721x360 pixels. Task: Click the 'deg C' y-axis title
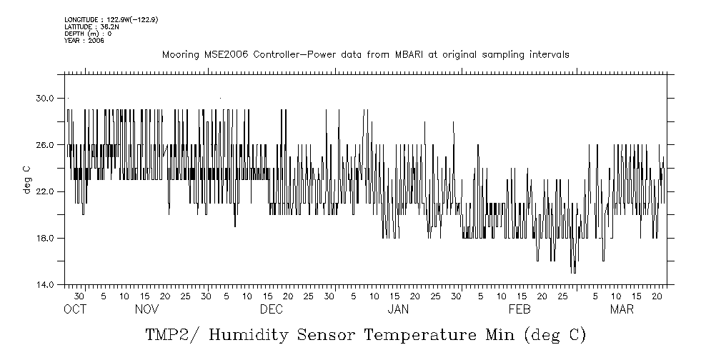click(27, 179)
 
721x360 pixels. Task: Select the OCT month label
click(74, 309)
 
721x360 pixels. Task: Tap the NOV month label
click(146, 309)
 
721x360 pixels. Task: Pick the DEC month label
click(272, 309)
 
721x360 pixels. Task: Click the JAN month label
click(398, 309)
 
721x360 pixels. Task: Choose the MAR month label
click(622, 309)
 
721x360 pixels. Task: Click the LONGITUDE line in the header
click(111, 19)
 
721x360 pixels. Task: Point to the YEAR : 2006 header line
click(84, 41)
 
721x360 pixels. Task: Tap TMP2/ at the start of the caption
click(169, 334)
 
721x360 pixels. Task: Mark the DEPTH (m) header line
click(88, 34)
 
